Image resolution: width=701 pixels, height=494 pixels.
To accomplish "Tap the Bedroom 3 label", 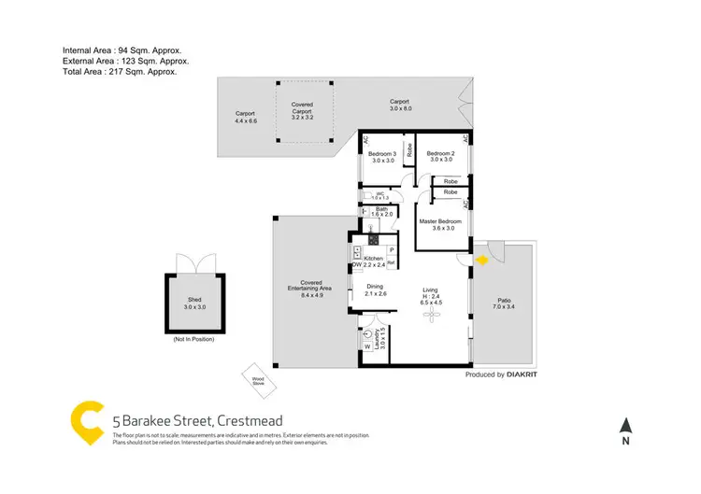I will coord(381,157).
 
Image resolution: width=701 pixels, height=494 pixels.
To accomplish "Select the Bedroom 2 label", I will coord(440,157).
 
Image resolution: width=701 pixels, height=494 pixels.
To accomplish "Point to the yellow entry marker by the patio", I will coord(482,261).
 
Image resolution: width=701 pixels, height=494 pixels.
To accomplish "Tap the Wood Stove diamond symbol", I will coord(254,378).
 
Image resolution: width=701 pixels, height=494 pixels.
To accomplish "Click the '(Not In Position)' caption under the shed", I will coord(193,340).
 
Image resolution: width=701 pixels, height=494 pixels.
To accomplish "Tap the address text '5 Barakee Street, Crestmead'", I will coord(197,421).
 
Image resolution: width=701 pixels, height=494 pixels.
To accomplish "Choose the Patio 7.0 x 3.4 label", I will coord(504,303).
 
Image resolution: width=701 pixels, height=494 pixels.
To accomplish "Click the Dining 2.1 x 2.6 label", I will coord(375,290).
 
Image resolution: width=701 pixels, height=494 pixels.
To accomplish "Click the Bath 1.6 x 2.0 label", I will coord(381,212).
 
